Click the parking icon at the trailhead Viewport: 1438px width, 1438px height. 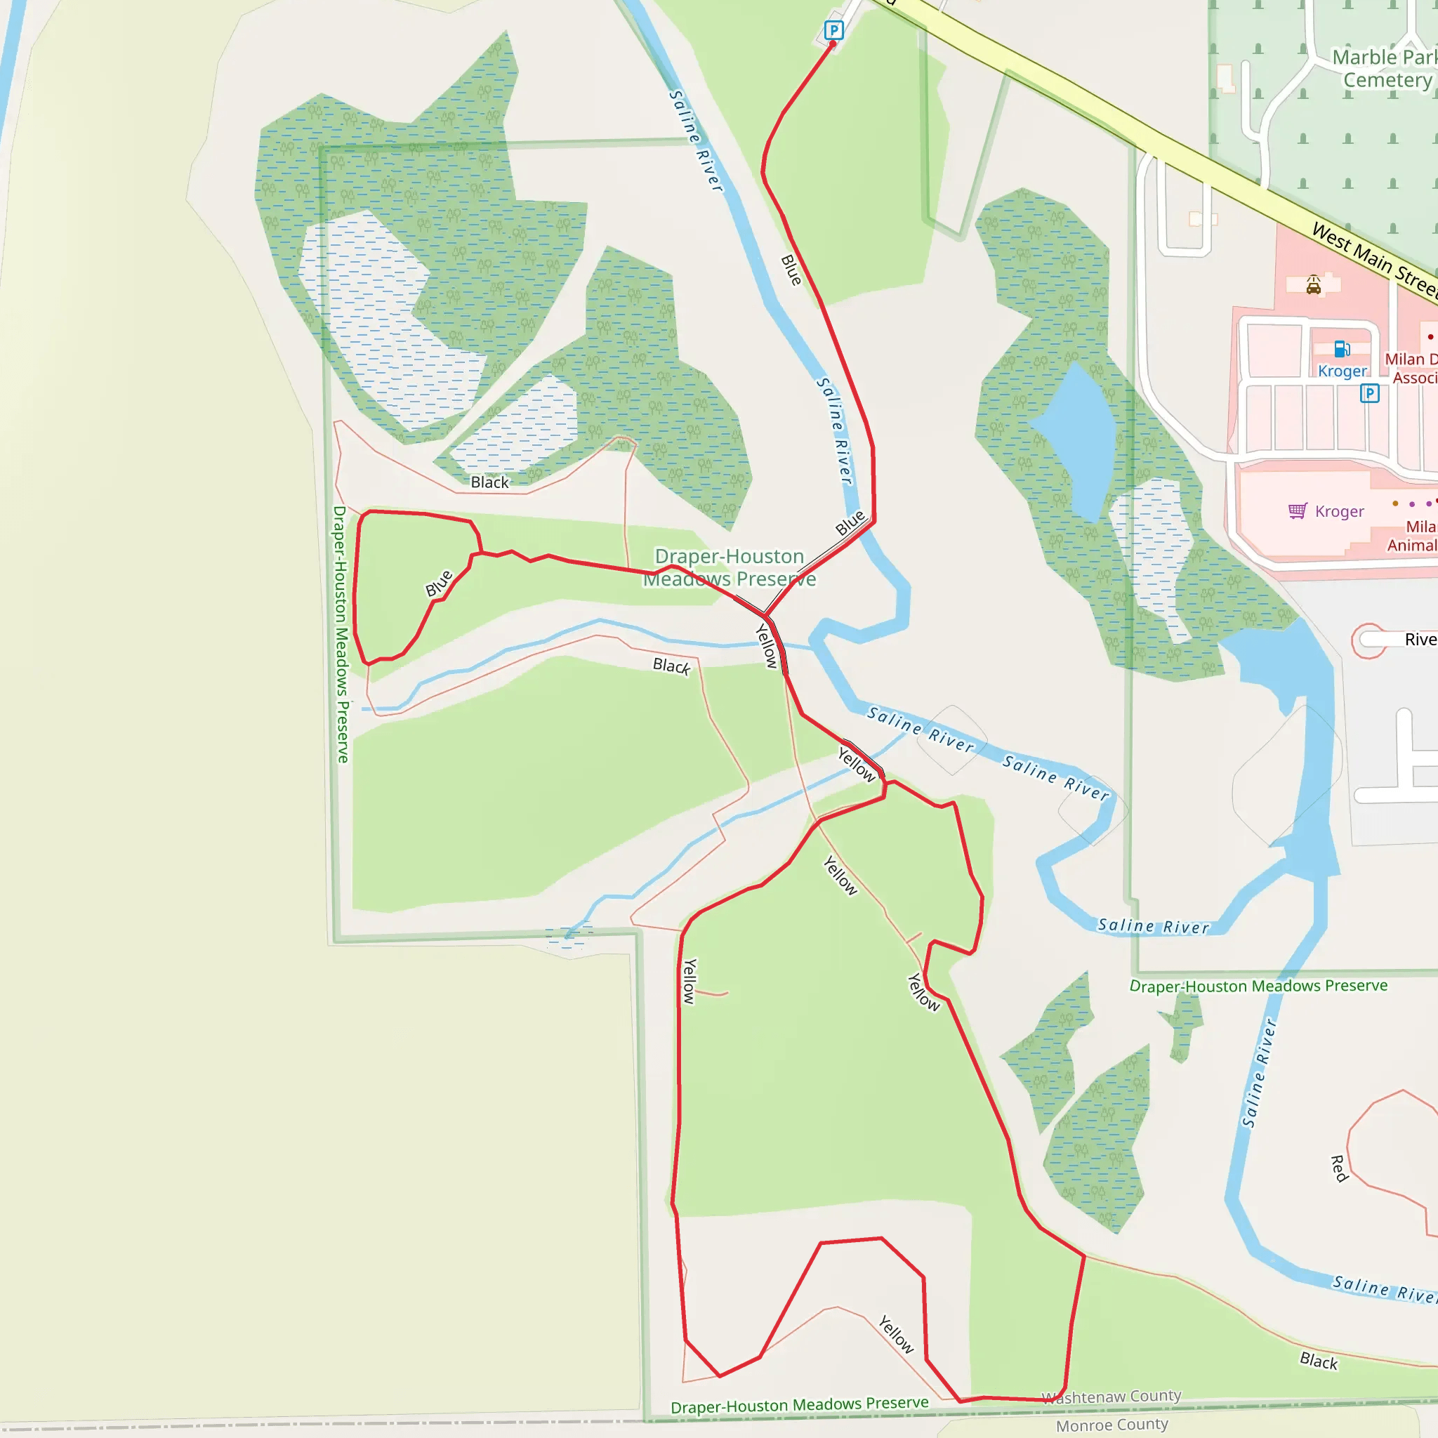tap(833, 30)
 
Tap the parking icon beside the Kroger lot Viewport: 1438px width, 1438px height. tap(1369, 393)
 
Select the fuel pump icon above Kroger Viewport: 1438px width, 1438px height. tap(1342, 349)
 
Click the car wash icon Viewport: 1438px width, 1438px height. tap(1314, 285)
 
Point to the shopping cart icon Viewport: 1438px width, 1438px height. tap(1298, 510)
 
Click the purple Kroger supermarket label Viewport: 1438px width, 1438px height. tap(1339, 511)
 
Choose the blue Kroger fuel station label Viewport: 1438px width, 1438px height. tap(1342, 371)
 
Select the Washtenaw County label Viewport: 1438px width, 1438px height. tap(1112, 1397)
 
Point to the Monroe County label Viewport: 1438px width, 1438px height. tap(1112, 1425)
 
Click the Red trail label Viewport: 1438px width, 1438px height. tap(1339, 1168)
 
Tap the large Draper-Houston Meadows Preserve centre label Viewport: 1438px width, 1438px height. tap(730, 567)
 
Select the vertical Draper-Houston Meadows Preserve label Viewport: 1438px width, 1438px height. tap(340, 634)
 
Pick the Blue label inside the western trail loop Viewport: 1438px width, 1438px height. tap(439, 583)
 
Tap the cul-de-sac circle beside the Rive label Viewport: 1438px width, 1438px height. tap(1368, 640)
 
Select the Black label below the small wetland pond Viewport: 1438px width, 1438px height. tap(490, 482)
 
